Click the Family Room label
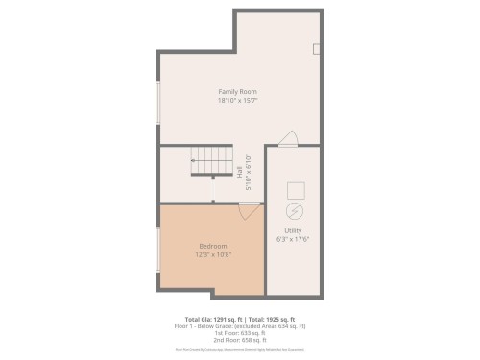pos(237,91)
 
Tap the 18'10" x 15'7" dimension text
pos(237,100)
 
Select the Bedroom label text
pos(212,246)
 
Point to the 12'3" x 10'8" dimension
pos(212,254)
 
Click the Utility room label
pos(294,230)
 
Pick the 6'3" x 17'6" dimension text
pos(294,239)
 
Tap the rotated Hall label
pos(240,174)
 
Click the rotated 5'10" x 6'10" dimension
pos(249,174)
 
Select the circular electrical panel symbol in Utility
pos(295,210)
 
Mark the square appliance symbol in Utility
pos(296,189)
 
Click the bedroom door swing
pos(249,210)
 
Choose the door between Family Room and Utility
pos(288,140)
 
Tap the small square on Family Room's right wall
pos(316,49)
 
